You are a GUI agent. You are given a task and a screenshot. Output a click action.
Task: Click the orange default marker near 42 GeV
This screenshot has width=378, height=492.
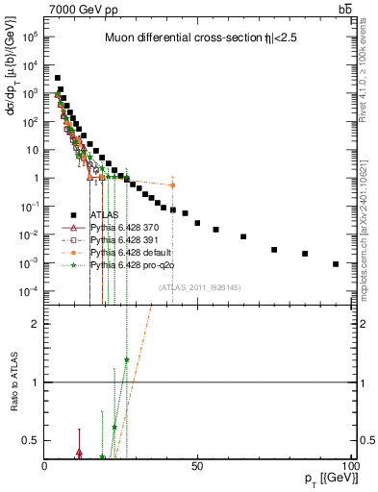[172, 185]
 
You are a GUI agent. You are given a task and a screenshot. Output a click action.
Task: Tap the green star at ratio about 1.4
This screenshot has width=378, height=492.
[126, 360]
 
